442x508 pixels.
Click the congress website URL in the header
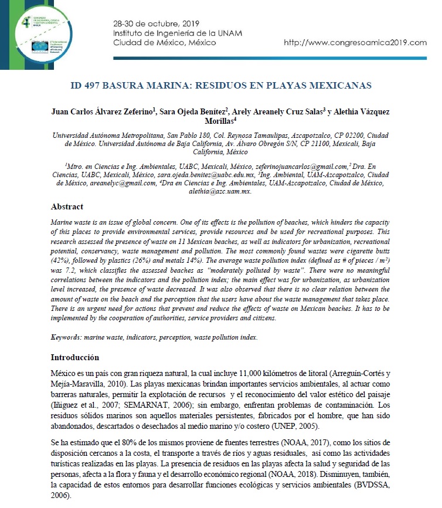[x=355, y=43]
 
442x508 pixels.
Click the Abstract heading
[x=67, y=206]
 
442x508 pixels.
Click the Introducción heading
[x=74, y=357]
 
